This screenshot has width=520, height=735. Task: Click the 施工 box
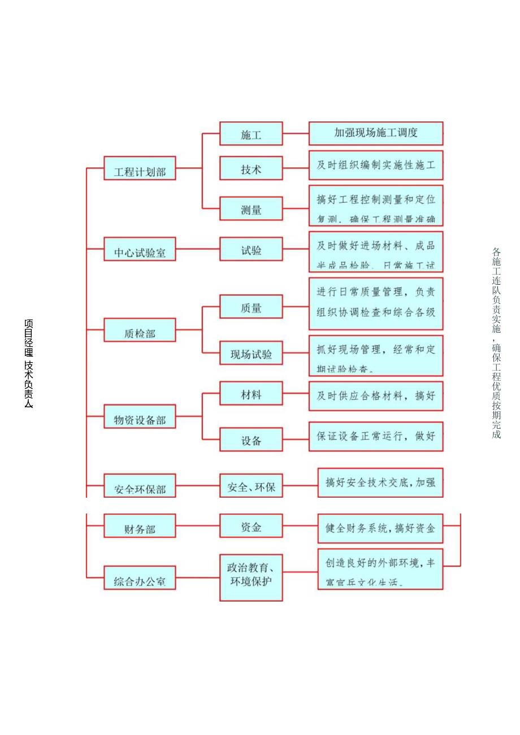(x=251, y=134)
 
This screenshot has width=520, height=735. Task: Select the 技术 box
(x=251, y=168)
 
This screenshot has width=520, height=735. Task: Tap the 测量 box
(x=251, y=209)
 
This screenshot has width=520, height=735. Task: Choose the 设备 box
(x=251, y=440)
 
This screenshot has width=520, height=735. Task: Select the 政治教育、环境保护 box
(x=251, y=577)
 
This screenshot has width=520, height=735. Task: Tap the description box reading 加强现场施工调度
(x=376, y=133)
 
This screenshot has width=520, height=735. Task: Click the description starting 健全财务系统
(x=380, y=529)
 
